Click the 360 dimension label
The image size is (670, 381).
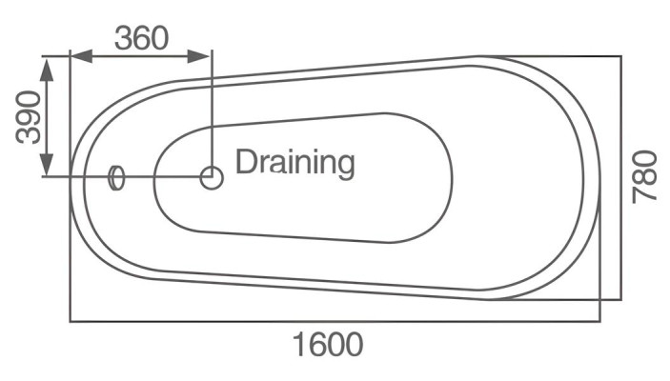click(142, 38)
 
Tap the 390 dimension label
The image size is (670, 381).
click(29, 117)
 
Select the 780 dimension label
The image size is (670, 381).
click(644, 177)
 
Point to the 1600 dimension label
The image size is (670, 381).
click(328, 344)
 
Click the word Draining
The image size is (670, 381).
click(295, 163)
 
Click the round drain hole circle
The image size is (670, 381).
click(212, 177)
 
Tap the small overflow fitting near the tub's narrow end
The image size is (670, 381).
click(116, 178)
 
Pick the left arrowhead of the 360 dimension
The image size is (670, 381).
click(81, 56)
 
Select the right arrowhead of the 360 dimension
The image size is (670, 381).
click(198, 56)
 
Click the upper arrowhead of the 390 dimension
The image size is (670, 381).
click(47, 70)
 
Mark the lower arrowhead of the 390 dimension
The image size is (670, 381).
click(47, 164)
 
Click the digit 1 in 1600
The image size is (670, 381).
click(299, 344)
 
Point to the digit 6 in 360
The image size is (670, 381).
click(142, 38)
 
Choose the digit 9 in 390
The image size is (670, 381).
click(29, 117)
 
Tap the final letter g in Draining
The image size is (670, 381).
click(346, 168)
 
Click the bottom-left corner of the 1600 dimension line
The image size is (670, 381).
click(71, 321)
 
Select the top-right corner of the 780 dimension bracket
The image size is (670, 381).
click(621, 56)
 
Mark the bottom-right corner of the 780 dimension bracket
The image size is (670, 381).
click(621, 299)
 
